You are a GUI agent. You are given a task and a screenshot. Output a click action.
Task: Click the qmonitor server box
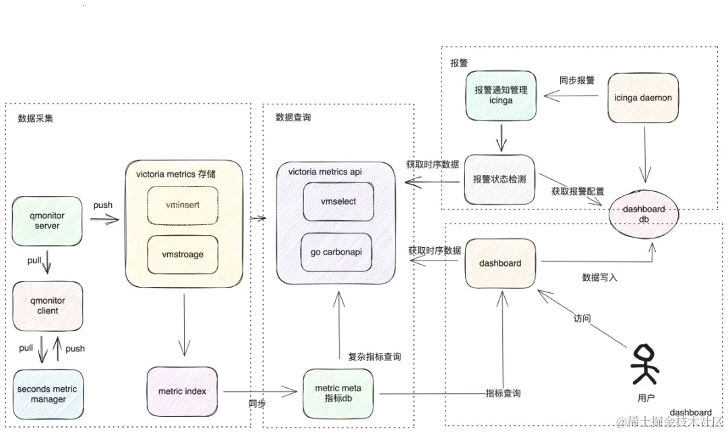48,221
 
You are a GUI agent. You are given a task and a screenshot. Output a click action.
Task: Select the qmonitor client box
48,306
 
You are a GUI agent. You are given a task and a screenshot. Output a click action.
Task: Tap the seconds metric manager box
47,394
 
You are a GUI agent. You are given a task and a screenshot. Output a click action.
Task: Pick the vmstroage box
183,255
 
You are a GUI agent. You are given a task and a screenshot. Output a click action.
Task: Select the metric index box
182,391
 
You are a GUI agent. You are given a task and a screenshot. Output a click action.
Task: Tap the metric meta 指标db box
338,393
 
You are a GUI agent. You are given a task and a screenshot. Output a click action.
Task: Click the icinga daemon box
642,98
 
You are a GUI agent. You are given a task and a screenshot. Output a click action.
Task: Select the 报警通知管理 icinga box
501,95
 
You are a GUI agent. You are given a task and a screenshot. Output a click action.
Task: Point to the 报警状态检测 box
500,180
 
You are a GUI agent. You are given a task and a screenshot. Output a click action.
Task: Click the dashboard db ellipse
644,213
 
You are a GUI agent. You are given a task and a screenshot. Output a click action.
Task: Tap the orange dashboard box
500,263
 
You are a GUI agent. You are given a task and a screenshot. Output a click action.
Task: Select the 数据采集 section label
36,119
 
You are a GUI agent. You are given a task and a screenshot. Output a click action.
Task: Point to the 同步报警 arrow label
576,80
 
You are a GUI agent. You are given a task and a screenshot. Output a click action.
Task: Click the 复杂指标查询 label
374,357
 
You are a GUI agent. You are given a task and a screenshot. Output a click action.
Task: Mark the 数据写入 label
599,277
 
